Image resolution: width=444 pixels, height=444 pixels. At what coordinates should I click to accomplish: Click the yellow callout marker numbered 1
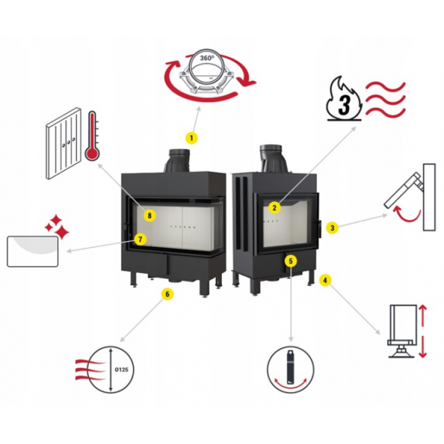pyautogui.click(x=191, y=138)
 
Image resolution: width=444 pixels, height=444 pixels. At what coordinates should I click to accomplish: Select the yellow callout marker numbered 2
pyautogui.click(x=274, y=208)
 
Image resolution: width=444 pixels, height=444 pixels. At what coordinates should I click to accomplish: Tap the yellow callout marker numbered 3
pyautogui.click(x=332, y=228)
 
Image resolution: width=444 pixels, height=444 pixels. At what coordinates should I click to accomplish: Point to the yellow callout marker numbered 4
pyautogui.click(x=325, y=280)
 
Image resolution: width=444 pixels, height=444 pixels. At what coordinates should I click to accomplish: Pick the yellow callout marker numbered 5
pyautogui.click(x=291, y=261)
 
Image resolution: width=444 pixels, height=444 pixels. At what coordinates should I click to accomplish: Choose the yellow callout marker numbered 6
pyautogui.click(x=168, y=294)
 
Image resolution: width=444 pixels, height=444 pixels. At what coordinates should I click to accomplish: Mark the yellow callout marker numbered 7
pyautogui.click(x=140, y=239)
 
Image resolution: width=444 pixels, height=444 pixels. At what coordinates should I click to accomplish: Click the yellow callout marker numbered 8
pyautogui.click(x=150, y=215)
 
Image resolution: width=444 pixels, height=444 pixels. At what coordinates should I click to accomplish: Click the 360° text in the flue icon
pyautogui.click(x=207, y=58)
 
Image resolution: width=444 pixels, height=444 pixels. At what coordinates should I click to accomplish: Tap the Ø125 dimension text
pyautogui.click(x=122, y=370)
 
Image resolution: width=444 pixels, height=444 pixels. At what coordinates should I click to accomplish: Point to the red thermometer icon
pyautogui.click(x=92, y=136)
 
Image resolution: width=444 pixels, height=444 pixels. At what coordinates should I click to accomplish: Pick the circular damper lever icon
pyautogui.click(x=290, y=369)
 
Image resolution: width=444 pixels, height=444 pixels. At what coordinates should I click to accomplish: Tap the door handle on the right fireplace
pyautogui.click(x=320, y=229)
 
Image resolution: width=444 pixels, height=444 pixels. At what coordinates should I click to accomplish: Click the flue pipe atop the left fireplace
pyautogui.click(x=179, y=160)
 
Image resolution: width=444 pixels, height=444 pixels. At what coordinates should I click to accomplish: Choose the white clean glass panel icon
pyautogui.click(x=33, y=251)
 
